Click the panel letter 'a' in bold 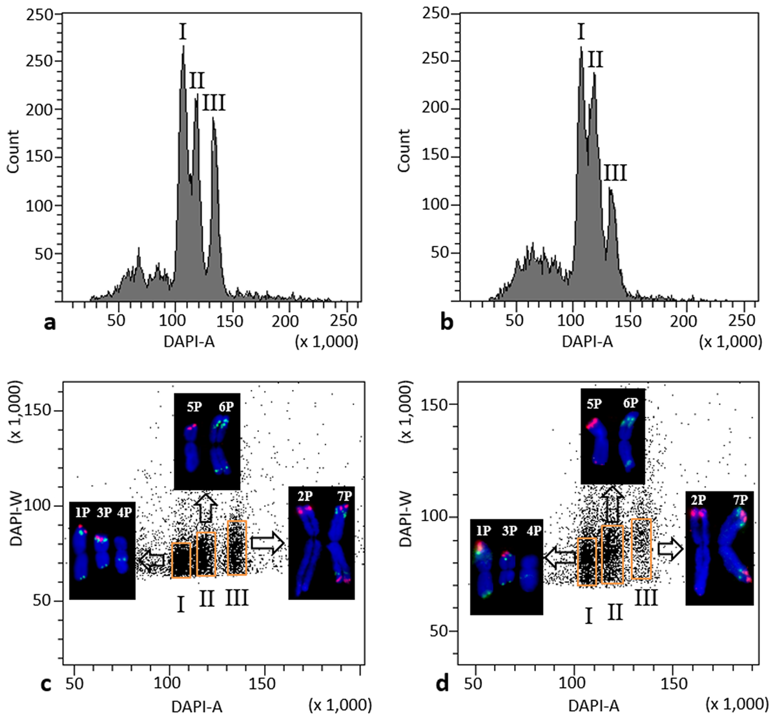(49, 323)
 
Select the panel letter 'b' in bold (446, 323)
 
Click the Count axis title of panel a (14, 151)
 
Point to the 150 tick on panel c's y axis (44, 411)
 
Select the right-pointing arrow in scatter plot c (267, 544)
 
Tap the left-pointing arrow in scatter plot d (559, 555)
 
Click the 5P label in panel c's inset (190, 408)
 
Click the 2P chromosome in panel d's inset (700, 549)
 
